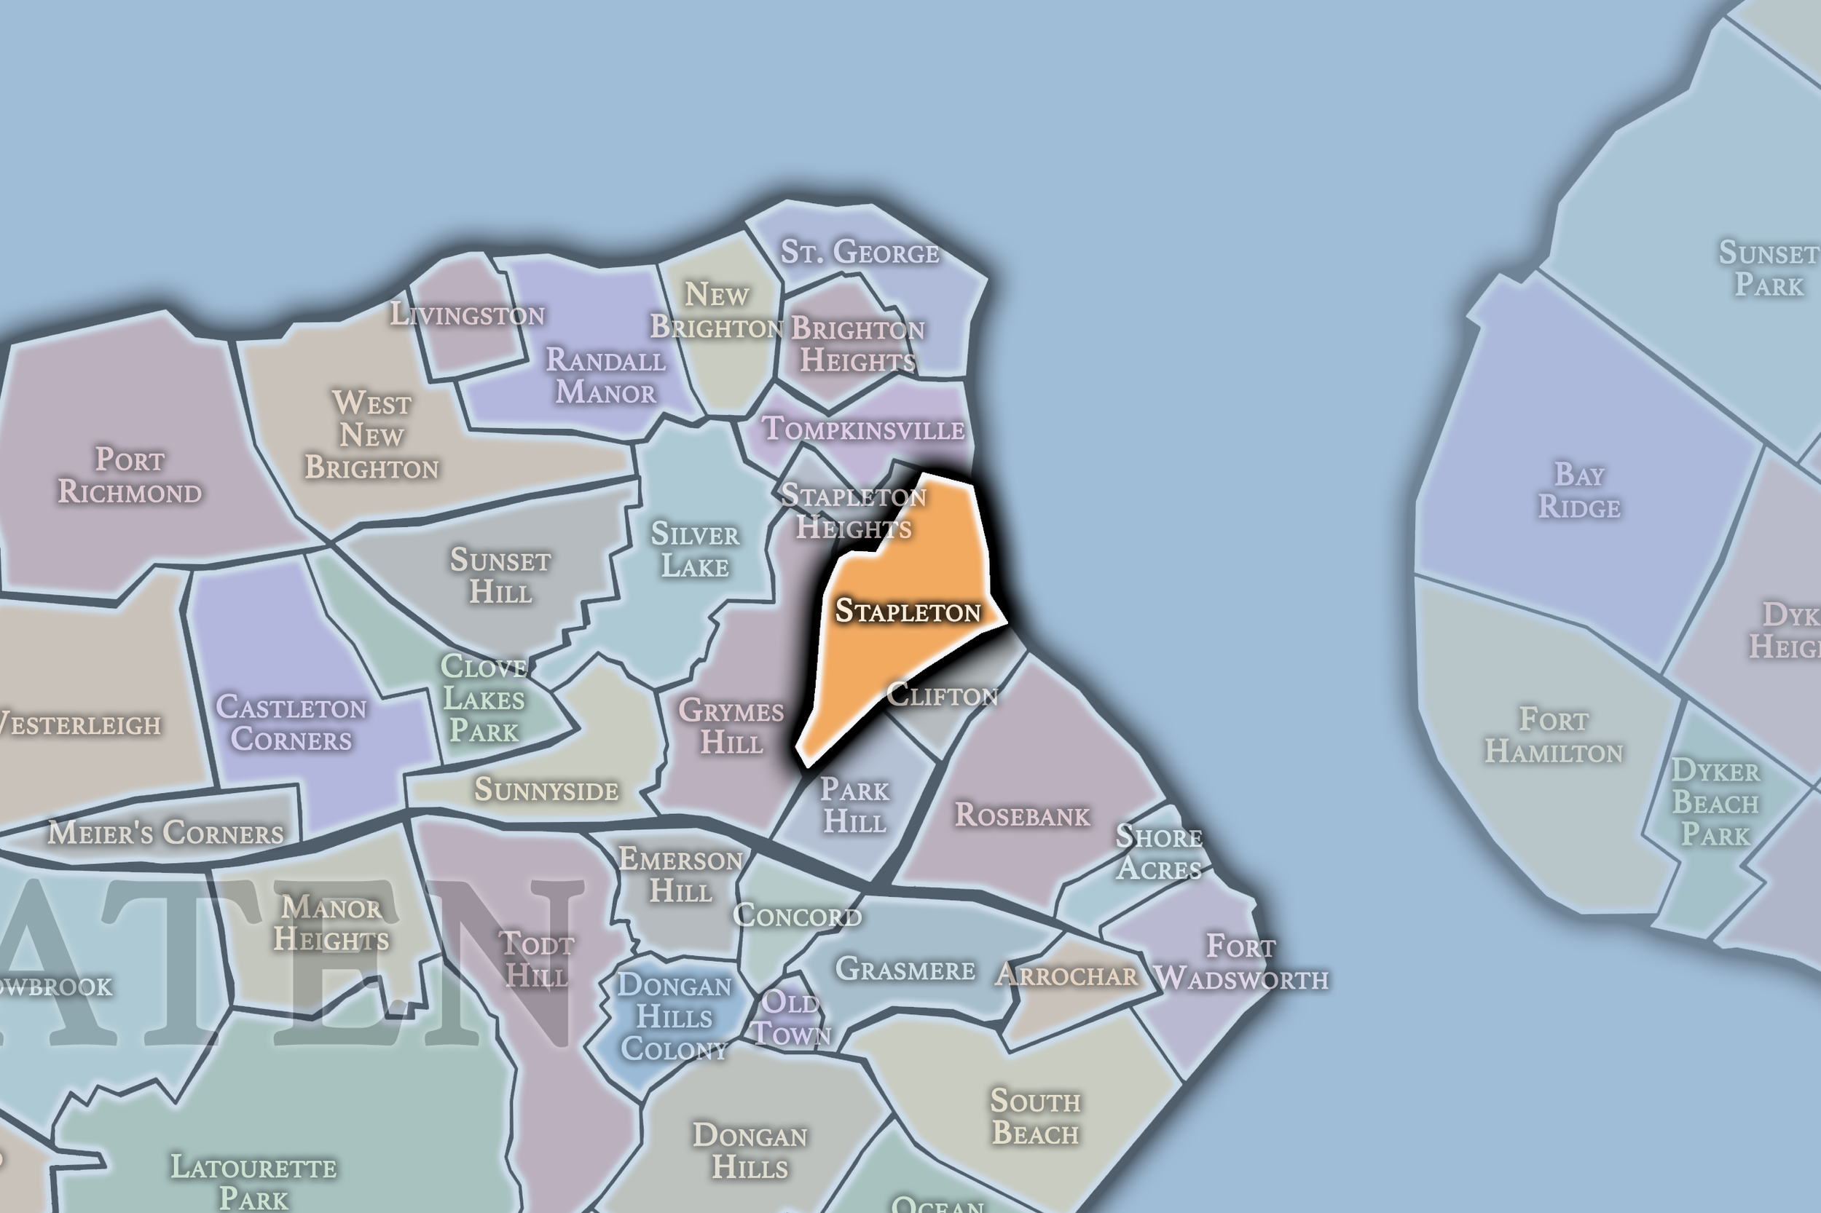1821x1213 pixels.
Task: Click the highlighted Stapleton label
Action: tap(908, 611)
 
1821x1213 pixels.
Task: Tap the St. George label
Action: tap(859, 252)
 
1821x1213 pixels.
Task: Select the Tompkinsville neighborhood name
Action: tap(864, 429)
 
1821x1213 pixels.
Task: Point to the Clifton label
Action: tap(942, 695)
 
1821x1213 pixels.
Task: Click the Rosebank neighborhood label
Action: tap(1021, 815)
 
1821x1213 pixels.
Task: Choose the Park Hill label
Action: tap(854, 805)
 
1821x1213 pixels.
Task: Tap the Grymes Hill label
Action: tap(731, 727)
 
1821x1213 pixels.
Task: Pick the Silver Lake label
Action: tap(695, 550)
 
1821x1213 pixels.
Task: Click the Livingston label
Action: tap(468, 314)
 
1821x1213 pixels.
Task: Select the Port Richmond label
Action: tap(130, 475)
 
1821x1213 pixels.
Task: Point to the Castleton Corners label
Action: tap(291, 723)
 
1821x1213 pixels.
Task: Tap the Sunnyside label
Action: tap(546, 790)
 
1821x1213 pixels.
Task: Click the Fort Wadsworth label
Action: tap(1241, 963)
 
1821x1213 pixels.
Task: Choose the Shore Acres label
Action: tap(1159, 853)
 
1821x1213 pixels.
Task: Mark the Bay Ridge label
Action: tap(1578, 491)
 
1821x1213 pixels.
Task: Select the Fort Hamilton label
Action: tap(1553, 735)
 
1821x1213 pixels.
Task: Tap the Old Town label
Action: tap(791, 1018)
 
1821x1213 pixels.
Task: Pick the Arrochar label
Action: tap(1066, 975)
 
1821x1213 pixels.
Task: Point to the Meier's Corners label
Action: tap(165, 833)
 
